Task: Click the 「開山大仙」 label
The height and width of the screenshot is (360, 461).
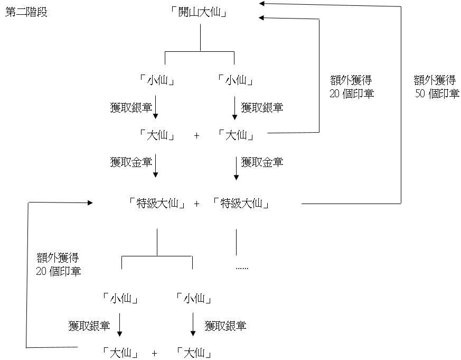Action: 200,12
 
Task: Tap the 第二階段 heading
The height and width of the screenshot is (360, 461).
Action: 26,12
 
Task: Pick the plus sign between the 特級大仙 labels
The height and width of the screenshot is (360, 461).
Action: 196,204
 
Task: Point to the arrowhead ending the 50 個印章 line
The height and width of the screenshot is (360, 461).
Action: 262,3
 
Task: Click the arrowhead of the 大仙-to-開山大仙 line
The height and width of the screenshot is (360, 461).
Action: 262,19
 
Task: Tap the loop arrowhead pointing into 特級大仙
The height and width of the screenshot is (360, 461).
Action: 90,202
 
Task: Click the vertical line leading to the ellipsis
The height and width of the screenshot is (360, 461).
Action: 236,242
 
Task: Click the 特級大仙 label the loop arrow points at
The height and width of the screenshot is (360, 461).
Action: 157,204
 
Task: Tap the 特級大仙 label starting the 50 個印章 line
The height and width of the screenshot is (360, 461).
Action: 241,204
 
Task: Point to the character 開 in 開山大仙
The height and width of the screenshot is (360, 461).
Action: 185,12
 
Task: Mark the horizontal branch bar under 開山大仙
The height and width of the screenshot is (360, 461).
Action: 200,51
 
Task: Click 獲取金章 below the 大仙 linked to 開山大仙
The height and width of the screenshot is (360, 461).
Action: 262,162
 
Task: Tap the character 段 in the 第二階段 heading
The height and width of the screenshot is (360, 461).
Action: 42,12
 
